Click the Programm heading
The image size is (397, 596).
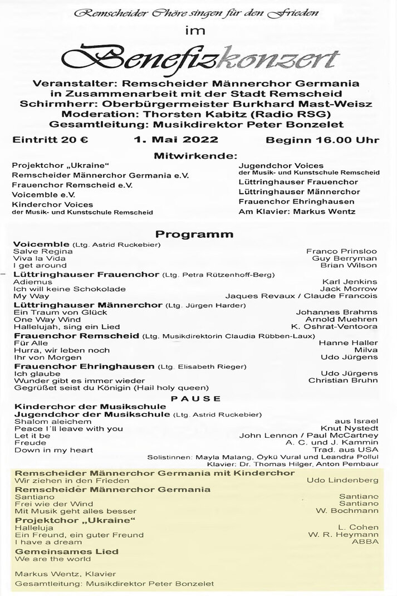pyautogui.click(x=194, y=235)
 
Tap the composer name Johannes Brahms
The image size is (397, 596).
pyautogui.click(x=337, y=312)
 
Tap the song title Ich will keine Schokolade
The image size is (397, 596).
pyautogui.click(x=70, y=289)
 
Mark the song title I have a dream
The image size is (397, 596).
pyautogui.click(x=42, y=541)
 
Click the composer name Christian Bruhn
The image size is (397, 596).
pyautogui.click(x=343, y=380)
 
